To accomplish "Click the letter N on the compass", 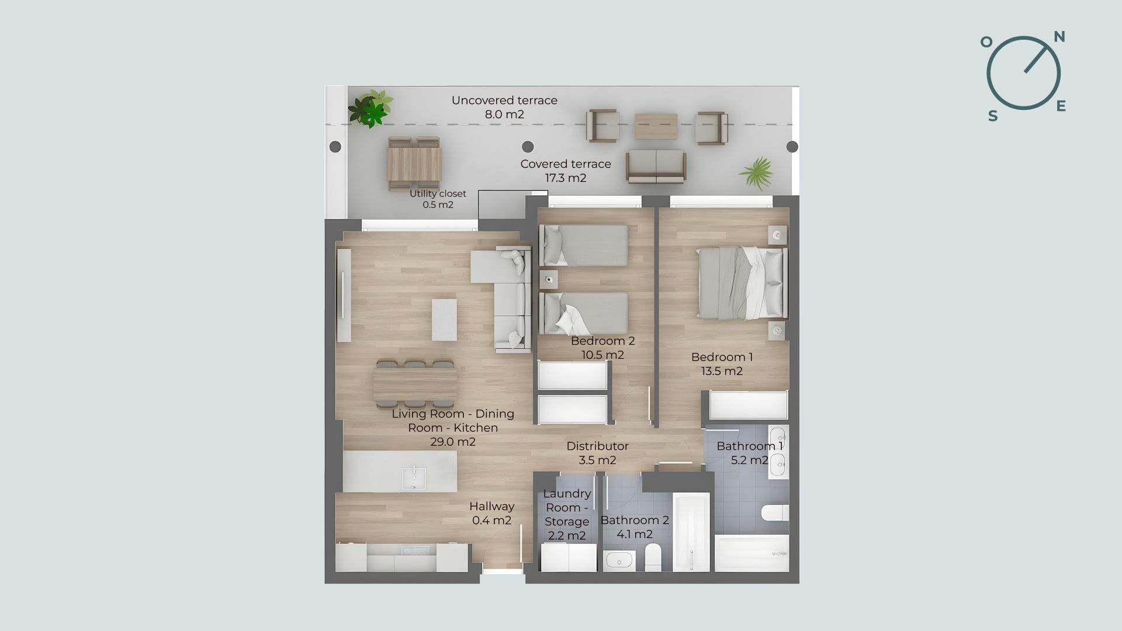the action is [x=1059, y=37].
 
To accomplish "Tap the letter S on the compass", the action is [x=993, y=116].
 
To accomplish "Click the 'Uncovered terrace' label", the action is [x=504, y=100].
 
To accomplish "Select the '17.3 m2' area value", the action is [x=566, y=178].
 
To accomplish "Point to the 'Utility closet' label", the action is [x=438, y=193].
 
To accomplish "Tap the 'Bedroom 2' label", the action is [x=602, y=341].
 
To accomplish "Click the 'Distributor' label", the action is [x=597, y=446].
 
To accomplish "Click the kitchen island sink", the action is [x=414, y=478].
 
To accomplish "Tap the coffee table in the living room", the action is [x=444, y=320].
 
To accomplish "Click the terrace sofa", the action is [x=656, y=167].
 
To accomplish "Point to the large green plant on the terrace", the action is [x=370, y=109].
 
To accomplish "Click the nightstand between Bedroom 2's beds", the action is [x=548, y=280].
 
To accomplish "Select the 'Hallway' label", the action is [x=491, y=507].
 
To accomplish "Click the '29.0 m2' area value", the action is [x=453, y=442].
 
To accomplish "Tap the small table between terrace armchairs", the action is [x=656, y=126].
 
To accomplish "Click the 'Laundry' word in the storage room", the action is [x=567, y=494].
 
